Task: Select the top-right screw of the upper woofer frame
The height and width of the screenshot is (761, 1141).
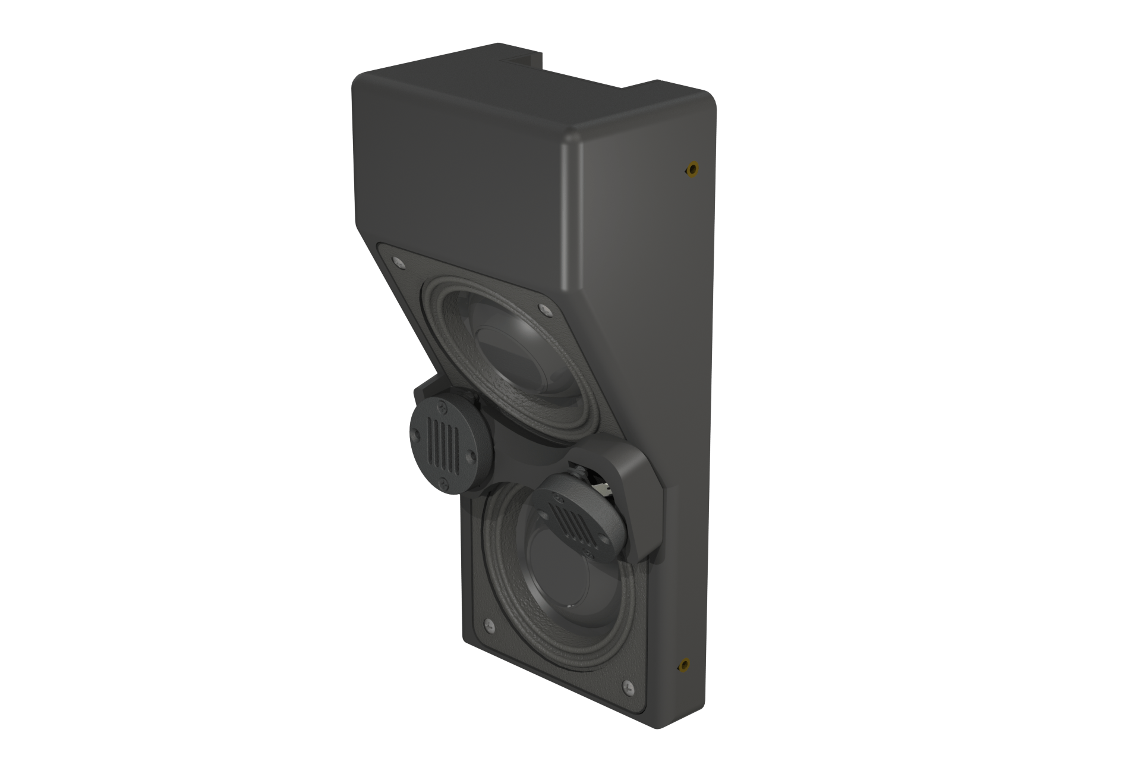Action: click(x=544, y=307)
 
